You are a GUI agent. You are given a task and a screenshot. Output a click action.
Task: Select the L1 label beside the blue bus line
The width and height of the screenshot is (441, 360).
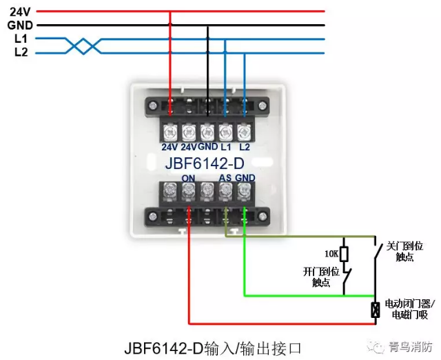pyautogui.click(x=20, y=39)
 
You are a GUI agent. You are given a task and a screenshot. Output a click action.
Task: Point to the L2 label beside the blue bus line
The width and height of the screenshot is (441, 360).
pyautogui.click(x=20, y=52)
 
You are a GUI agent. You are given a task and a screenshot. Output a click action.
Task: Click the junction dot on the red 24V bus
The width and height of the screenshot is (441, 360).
pyautogui.click(x=170, y=12)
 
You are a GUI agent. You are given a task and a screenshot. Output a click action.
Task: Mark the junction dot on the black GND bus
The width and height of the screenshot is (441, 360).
pyautogui.click(x=207, y=25)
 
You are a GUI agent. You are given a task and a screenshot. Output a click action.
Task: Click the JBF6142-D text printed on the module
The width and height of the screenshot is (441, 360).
pyautogui.click(x=205, y=164)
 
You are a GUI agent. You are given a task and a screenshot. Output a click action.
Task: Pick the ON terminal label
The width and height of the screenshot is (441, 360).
pyautogui.click(x=188, y=179)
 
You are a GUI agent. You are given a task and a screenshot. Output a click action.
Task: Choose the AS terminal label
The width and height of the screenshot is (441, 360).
pyautogui.click(x=225, y=179)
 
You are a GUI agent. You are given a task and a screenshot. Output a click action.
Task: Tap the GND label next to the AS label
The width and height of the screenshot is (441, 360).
pyautogui.click(x=245, y=179)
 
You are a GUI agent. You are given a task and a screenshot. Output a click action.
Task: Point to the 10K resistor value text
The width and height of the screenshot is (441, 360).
pyautogui.click(x=331, y=253)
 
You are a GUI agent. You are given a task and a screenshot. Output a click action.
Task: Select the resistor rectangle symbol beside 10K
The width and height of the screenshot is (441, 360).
pyautogui.click(x=345, y=254)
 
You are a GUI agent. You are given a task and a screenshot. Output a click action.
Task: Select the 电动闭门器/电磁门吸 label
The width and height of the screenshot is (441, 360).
pyautogui.click(x=406, y=308)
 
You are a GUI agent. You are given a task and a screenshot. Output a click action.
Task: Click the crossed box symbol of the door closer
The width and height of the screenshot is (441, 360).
pyautogui.click(x=376, y=310)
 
